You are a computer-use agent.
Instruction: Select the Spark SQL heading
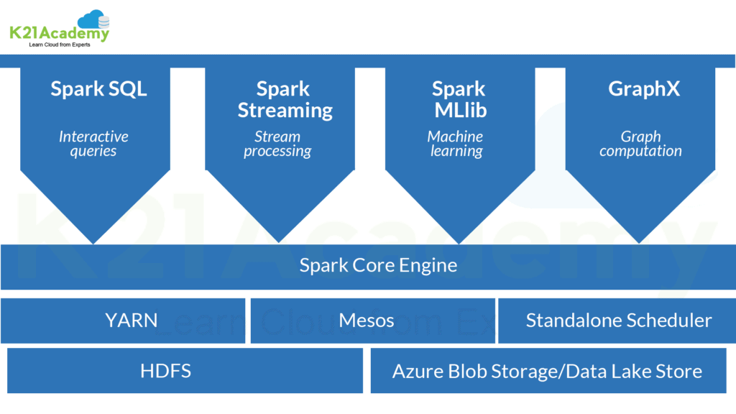pyautogui.click(x=98, y=89)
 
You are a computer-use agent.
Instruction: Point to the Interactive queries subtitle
pyautogui.click(x=93, y=144)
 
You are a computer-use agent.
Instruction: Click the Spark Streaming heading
pyautogui.click(x=285, y=100)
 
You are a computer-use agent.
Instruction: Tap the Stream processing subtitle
pyautogui.click(x=277, y=144)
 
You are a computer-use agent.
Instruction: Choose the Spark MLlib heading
pyautogui.click(x=459, y=100)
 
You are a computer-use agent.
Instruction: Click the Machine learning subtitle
pyautogui.click(x=456, y=144)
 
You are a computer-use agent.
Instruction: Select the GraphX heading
pyautogui.click(x=643, y=89)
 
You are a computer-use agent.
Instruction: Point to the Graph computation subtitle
pyautogui.click(x=640, y=144)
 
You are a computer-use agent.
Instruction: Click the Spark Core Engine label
pyautogui.click(x=378, y=265)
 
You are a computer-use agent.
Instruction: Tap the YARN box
pyautogui.click(x=131, y=320)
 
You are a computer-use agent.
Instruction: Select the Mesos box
pyautogui.click(x=367, y=320)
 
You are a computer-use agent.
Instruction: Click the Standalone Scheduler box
pyautogui.click(x=618, y=320)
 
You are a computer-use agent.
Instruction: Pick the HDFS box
pyautogui.click(x=165, y=371)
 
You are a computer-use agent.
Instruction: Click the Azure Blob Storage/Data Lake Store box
pyautogui.click(x=547, y=371)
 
